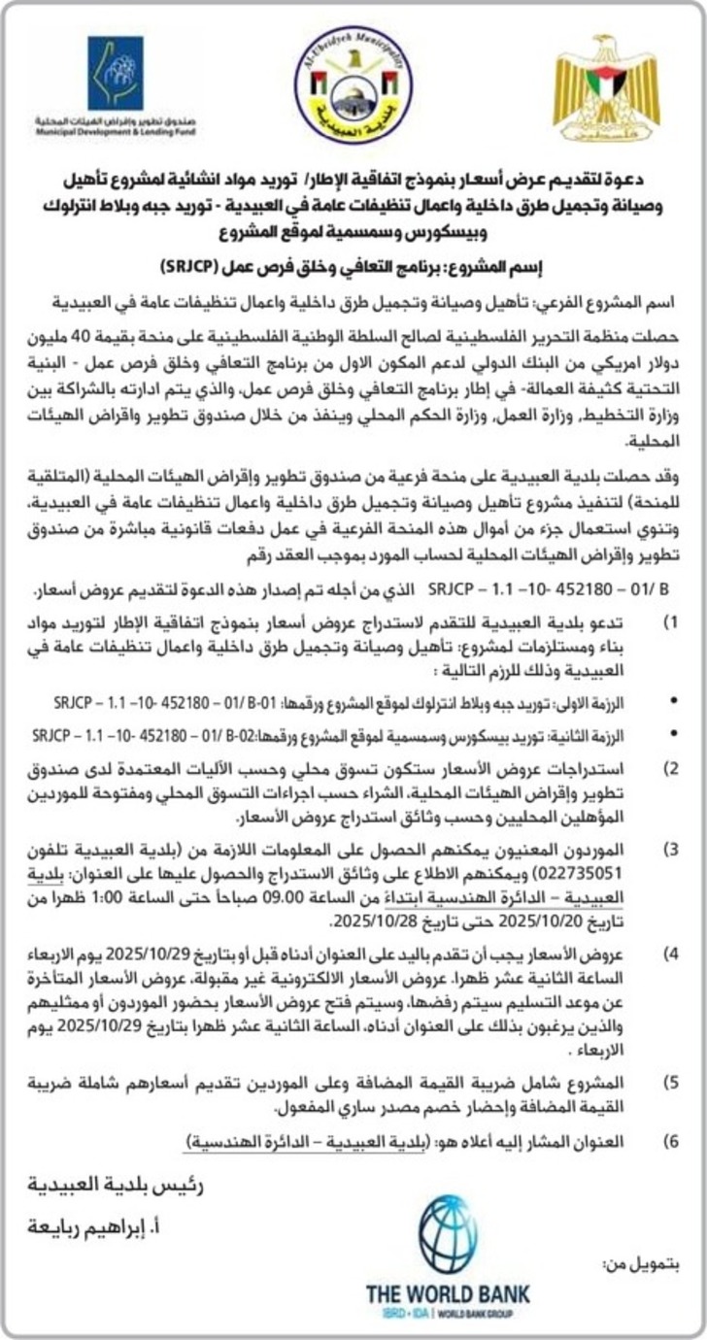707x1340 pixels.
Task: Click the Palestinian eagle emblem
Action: point(607,89)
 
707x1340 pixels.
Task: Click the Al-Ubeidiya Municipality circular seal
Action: point(353,84)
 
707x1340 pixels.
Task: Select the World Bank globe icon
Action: point(448,1235)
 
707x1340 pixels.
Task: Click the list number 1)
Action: point(670,619)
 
